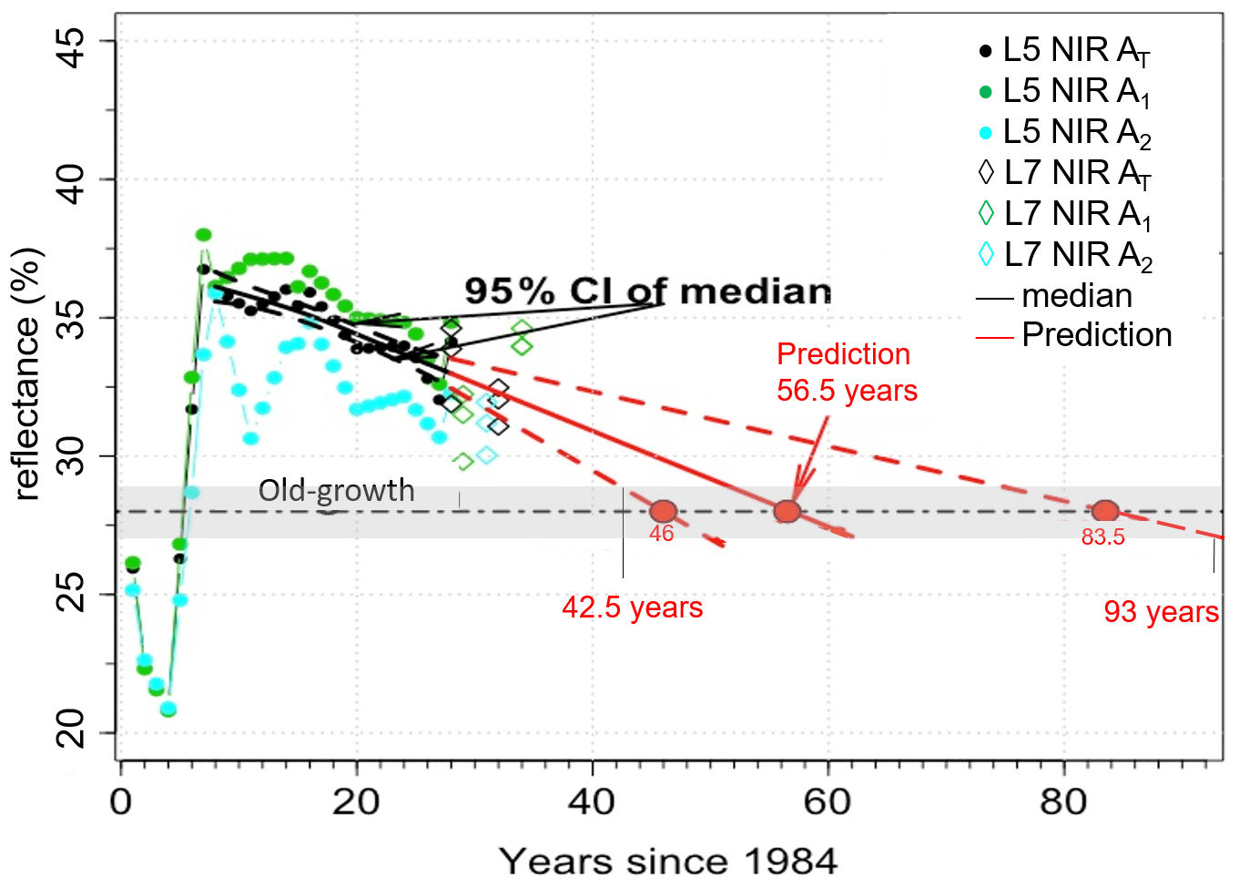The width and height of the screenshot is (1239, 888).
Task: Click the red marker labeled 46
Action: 664,511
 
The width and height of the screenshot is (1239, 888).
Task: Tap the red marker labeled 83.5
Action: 1104,511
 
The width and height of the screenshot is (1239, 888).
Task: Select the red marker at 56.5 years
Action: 787,511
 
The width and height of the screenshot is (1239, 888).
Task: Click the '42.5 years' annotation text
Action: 633,607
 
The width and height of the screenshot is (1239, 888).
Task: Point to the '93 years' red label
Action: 1161,612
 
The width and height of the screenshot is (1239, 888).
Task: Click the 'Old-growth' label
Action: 336,491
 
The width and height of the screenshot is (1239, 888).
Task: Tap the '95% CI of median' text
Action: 647,291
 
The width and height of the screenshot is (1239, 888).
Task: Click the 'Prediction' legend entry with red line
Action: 1074,335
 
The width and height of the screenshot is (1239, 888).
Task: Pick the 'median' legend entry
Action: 1056,296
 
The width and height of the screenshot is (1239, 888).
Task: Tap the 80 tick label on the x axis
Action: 1063,802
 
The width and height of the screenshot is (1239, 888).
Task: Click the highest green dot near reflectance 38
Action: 204,235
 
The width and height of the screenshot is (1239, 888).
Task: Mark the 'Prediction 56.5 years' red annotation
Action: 846,372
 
